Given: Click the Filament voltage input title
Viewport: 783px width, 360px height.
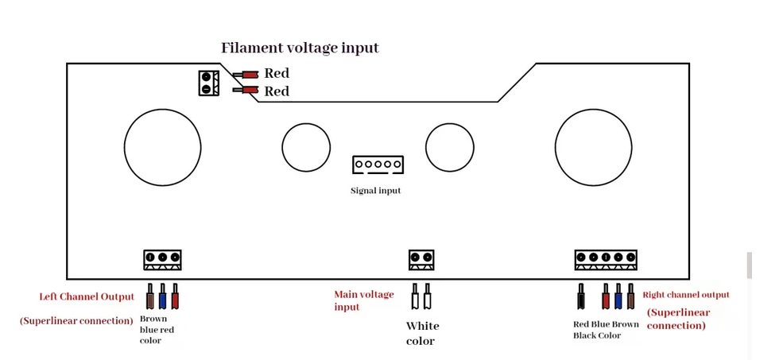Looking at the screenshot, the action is pos(300,48).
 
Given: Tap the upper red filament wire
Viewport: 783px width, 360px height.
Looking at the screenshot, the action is pos(246,75).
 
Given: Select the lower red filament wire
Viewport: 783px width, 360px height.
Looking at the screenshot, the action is pos(246,91).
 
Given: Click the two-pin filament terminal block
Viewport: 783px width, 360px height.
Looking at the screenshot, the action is pos(209,83).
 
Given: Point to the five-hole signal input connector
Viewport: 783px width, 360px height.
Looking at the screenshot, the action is pos(378,165).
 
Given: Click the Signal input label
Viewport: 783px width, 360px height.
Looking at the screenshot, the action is pos(375,190).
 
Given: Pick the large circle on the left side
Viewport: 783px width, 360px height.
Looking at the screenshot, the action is pos(162,147).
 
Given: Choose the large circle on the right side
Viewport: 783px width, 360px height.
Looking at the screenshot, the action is pos(593,147).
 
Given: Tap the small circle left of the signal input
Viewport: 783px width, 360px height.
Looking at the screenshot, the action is pos(306,147).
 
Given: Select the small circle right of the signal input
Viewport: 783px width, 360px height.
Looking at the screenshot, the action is pos(450,147).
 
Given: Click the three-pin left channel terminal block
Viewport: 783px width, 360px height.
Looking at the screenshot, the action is pos(162,260).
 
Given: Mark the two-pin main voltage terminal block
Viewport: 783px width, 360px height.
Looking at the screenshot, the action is pos(421,260).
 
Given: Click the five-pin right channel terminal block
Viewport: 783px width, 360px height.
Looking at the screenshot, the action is pos(606,260).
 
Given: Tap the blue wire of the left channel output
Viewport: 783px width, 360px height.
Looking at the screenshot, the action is pos(162,296).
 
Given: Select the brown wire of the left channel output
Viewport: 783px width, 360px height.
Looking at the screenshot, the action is pos(149,296).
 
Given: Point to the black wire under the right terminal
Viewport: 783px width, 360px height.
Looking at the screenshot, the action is pos(581,296).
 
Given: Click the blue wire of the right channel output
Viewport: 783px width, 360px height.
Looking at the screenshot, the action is pos(618,296).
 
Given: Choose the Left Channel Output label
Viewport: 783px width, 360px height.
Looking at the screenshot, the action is pos(87,296).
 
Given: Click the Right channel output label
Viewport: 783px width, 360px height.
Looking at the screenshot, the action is pos(686,295).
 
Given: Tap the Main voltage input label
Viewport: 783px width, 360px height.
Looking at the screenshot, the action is pos(364,300).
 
